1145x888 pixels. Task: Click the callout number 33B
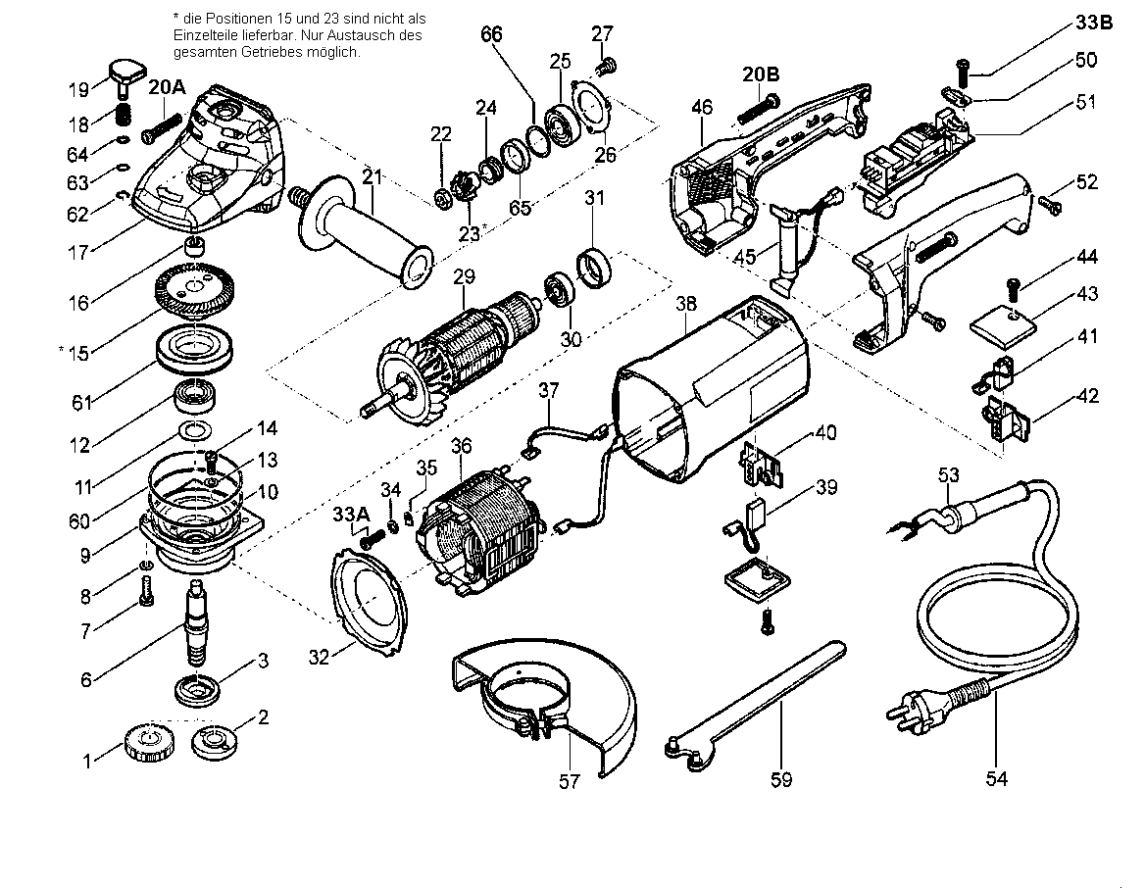click(1093, 23)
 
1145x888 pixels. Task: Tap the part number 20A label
click(168, 87)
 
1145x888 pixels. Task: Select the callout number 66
click(491, 34)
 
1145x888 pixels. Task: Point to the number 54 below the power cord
click(996, 778)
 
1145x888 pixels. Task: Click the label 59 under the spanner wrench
click(781, 780)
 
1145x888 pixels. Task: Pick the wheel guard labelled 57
click(540, 701)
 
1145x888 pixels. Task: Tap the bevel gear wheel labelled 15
click(194, 291)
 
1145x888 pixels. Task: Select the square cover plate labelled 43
click(1003, 322)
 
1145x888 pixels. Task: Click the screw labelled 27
click(605, 68)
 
